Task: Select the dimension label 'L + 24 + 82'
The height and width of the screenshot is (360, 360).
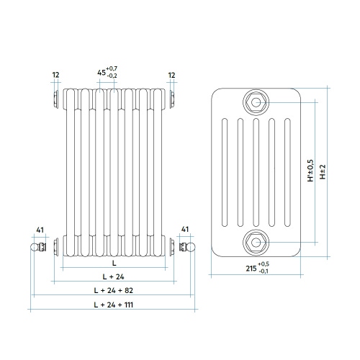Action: click(114, 291)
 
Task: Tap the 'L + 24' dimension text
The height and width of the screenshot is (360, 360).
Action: click(114, 276)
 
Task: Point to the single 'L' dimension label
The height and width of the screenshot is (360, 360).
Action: click(114, 263)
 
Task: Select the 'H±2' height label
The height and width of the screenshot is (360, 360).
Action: click(323, 172)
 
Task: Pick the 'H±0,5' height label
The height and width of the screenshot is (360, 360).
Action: click(310, 172)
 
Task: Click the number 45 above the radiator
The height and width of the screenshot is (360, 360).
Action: click(101, 72)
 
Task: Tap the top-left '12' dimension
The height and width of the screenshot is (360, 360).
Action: click(56, 74)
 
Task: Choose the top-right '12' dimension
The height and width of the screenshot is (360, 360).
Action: click(171, 74)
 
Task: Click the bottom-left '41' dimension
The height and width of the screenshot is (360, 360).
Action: click(41, 230)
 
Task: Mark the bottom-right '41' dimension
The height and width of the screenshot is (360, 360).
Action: click(186, 230)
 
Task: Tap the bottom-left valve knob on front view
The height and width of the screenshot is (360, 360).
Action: click(34, 248)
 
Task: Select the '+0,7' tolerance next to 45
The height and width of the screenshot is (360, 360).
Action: click(112, 68)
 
